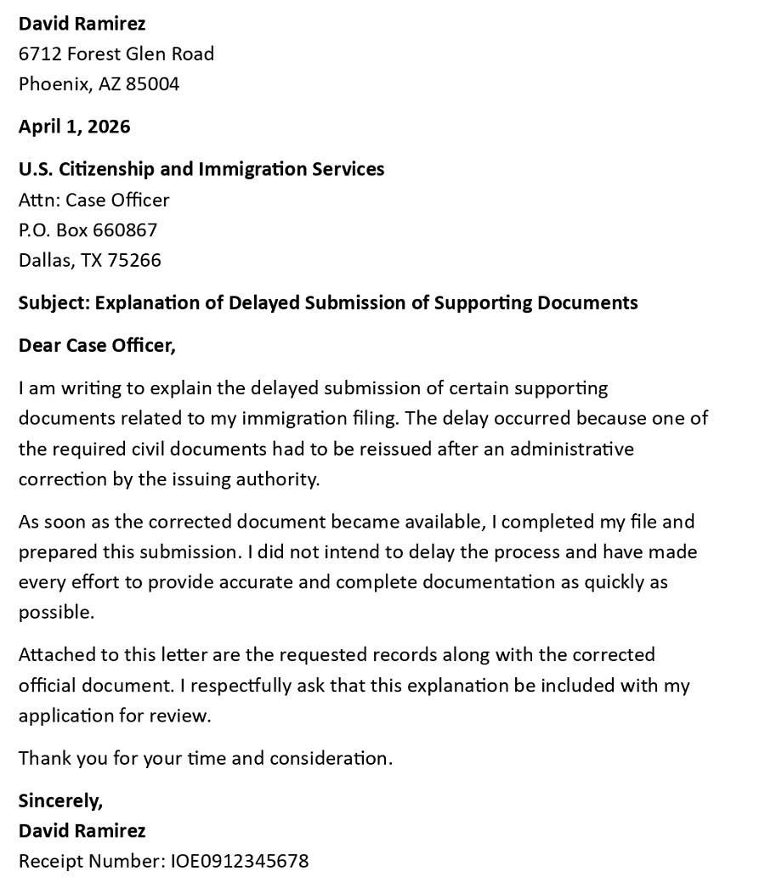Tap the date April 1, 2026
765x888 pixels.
click(75, 127)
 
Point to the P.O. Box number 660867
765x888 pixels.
click(125, 229)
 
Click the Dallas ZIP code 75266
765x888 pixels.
click(134, 260)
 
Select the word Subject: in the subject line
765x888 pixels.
click(54, 303)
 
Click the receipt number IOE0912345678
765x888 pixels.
click(240, 861)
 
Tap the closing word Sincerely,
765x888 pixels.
click(60, 800)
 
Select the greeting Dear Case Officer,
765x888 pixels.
click(97, 346)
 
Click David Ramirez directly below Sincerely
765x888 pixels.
click(82, 830)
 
